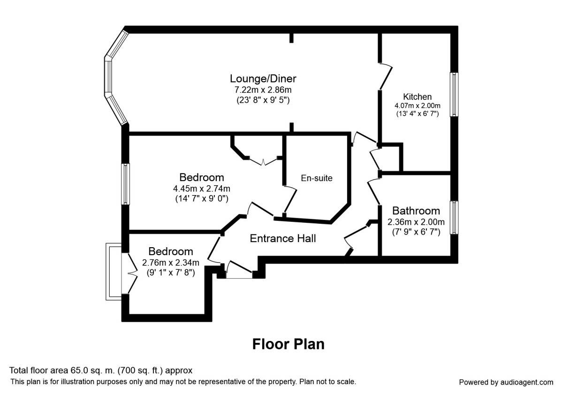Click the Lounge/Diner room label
coord(263,78)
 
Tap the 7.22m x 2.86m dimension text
coord(263,89)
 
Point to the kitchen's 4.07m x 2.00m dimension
coord(418,106)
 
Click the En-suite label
coord(317,178)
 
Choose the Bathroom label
coord(416,211)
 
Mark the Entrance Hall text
coord(282,238)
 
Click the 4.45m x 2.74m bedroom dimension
coord(201,188)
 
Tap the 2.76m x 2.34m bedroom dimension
coord(171,262)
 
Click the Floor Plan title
coord(288,344)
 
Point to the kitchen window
coord(454,94)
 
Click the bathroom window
coord(454,218)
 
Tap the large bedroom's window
coord(126,184)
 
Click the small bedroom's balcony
coord(114,272)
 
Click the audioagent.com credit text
coord(506,382)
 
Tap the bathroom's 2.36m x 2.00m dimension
coord(416,222)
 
